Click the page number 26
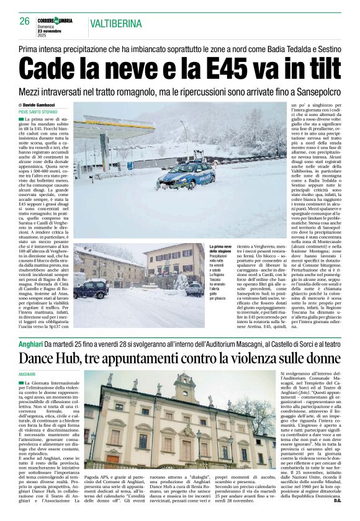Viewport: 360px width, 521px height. point(25,21)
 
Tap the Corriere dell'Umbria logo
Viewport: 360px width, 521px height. point(54,21)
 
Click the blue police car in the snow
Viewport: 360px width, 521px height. point(186,176)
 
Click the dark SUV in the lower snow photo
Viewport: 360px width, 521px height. point(92,289)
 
